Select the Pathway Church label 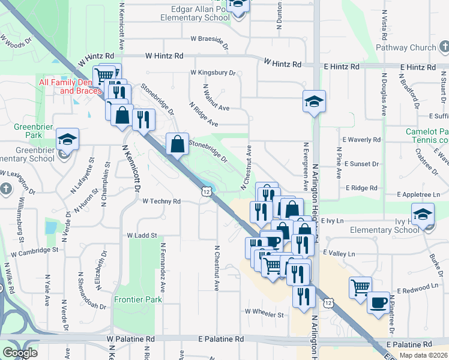tap(406, 47)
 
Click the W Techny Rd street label tap(161, 202)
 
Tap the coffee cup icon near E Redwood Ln tap(378, 303)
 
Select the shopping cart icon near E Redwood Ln tap(360, 287)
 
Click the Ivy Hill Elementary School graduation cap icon tap(423, 214)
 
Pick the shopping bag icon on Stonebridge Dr tap(178, 144)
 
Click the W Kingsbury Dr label tap(213, 73)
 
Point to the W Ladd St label tap(142, 236)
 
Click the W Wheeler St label tap(264, 313)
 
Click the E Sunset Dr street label tap(361, 163)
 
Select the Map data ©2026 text tap(423, 355)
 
